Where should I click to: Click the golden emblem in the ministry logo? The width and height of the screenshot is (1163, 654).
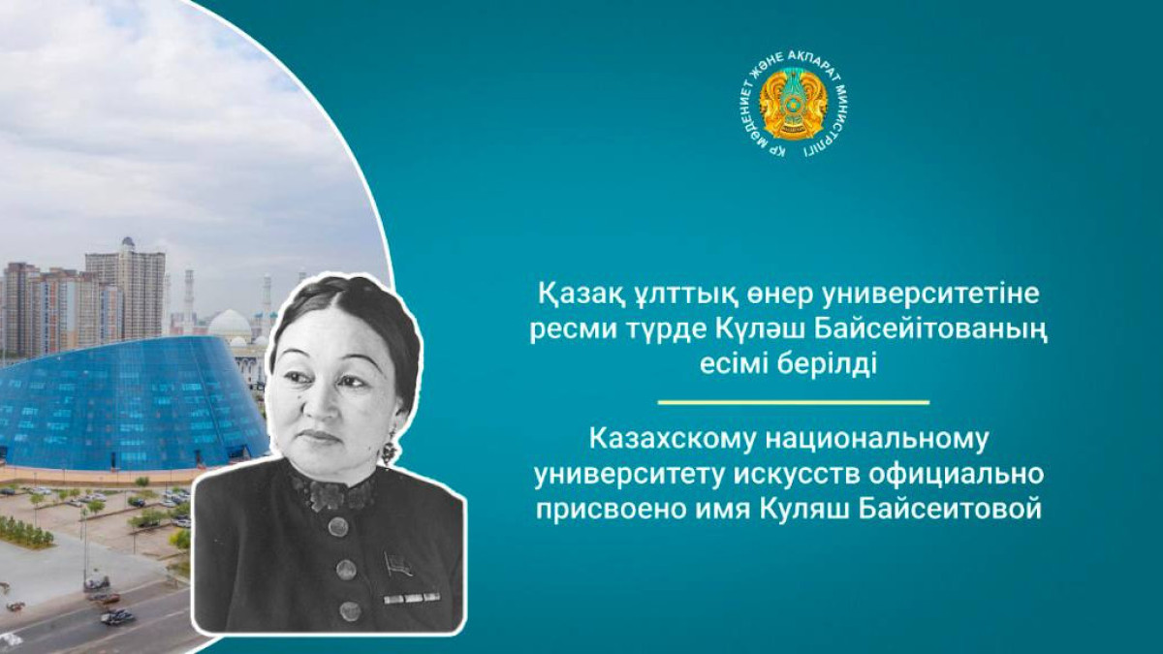click(792, 105)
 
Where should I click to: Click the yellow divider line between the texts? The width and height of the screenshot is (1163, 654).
click(793, 401)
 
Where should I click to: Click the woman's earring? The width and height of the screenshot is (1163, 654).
click(389, 450)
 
